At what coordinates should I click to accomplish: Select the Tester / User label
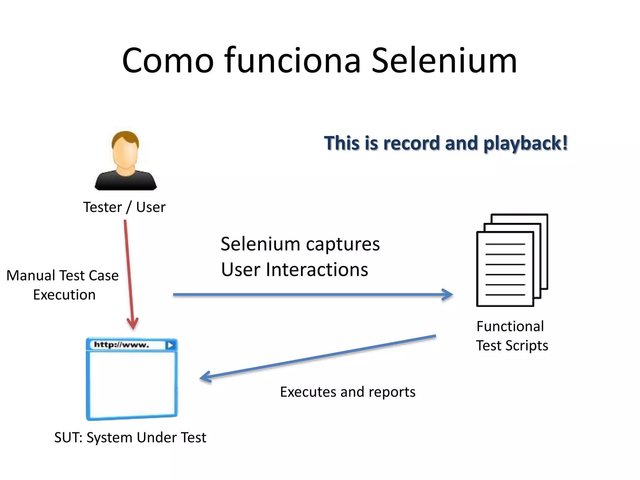(x=124, y=207)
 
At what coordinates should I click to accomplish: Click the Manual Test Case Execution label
(x=63, y=285)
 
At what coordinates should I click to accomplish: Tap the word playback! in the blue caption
(x=526, y=144)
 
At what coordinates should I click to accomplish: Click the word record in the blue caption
(x=411, y=143)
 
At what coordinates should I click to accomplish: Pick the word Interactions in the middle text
(x=317, y=270)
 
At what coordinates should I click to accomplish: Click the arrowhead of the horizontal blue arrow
(x=448, y=294)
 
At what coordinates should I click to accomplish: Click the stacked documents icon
(x=512, y=260)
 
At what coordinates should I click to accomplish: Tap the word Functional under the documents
(x=510, y=326)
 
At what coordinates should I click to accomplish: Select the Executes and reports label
(x=347, y=392)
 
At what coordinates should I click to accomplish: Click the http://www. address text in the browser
(x=122, y=345)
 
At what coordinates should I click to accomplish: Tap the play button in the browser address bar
(x=171, y=345)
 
